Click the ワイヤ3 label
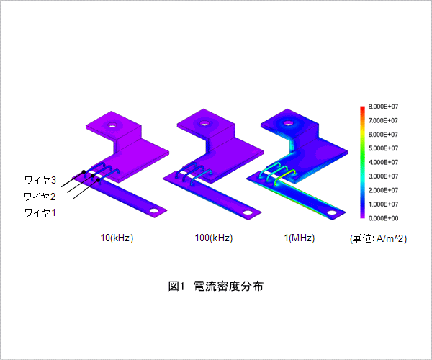pyautogui.click(x=40, y=180)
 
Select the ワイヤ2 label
pyautogui.click(x=40, y=197)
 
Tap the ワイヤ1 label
pyautogui.click(x=40, y=212)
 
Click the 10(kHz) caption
pyautogui.click(x=117, y=238)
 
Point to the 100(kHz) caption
pyautogui.click(x=214, y=238)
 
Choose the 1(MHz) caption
pyautogui.click(x=300, y=238)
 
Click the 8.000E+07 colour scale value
pyautogui.click(x=384, y=107)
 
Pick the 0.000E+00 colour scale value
pyautogui.click(x=384, y=218)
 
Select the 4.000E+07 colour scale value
pyautogui.click(x=384, y=162)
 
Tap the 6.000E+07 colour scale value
pyautogui.click(x=384, y=135)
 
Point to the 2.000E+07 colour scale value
pyautogui.click(x=384, y=190)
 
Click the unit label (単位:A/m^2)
pyautogui.click(x=378, y=238)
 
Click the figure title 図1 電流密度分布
pyautogui.click(x=216, y=286)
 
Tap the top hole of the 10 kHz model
pyautogui.click(x=112, y=125)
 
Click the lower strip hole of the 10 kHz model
pyautogui.click(x=154, y=211)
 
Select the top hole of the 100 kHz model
pyautogui.click(x=204, y=123)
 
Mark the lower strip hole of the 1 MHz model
pyautogui.click(x=332, y=213)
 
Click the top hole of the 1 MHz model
pyautogui.click(x=288, y=123)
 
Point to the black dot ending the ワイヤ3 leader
pyautogui.click(x=84, y=172)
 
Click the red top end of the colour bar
pyautogui.click(x=362, y=108)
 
